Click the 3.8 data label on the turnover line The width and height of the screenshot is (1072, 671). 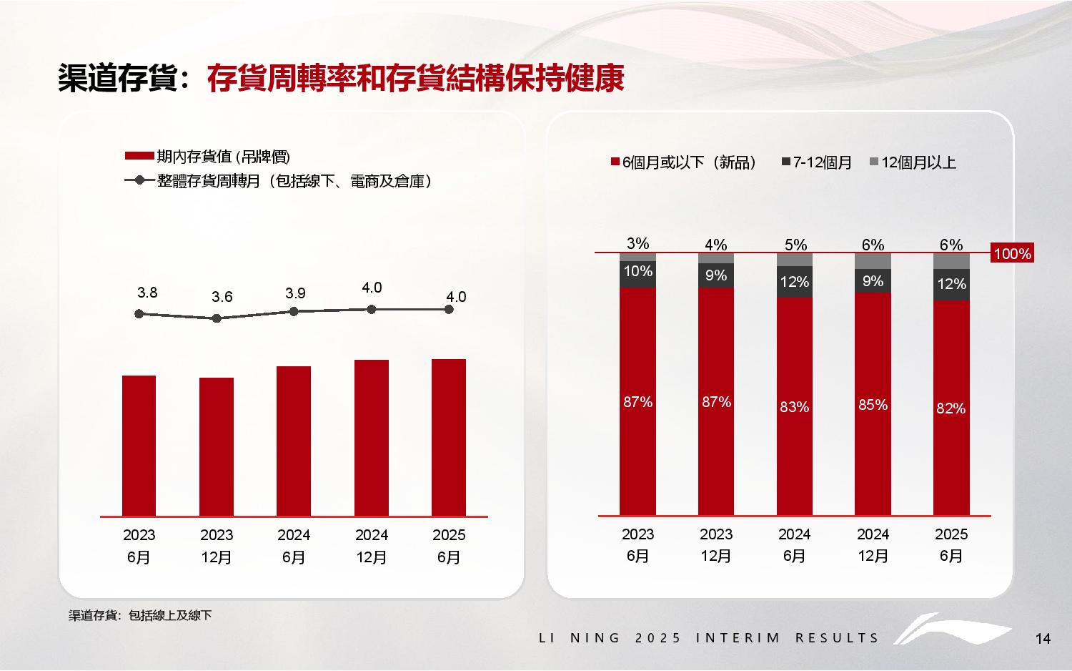tap(147, 293)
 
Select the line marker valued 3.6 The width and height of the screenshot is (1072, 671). tap(217, 318)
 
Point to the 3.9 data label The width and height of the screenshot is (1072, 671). tap(295, 293)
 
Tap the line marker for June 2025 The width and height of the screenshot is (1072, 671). tap(449, 309)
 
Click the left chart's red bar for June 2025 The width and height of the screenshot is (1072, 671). tap(449, 437)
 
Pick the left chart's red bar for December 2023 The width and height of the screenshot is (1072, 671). tap(217, 446)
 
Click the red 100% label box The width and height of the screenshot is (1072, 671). tap(1012, 253)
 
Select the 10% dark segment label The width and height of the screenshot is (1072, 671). tap(637, 271)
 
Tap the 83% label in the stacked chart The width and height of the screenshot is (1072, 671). tap(794, 407)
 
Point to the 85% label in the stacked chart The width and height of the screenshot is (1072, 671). tap(873, 405)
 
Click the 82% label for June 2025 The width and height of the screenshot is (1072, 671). tap(951, 408)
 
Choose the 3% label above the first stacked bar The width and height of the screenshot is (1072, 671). tap(637, 243)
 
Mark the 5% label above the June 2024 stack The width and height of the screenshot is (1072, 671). tap(795, 245)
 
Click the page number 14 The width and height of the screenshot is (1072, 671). tap(1043, 639)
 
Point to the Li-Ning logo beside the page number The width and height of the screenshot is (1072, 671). tap(951, 630)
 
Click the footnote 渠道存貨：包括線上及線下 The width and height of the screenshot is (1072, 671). tap(140, 615)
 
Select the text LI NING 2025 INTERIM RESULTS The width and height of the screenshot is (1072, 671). tap(708, 637)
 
